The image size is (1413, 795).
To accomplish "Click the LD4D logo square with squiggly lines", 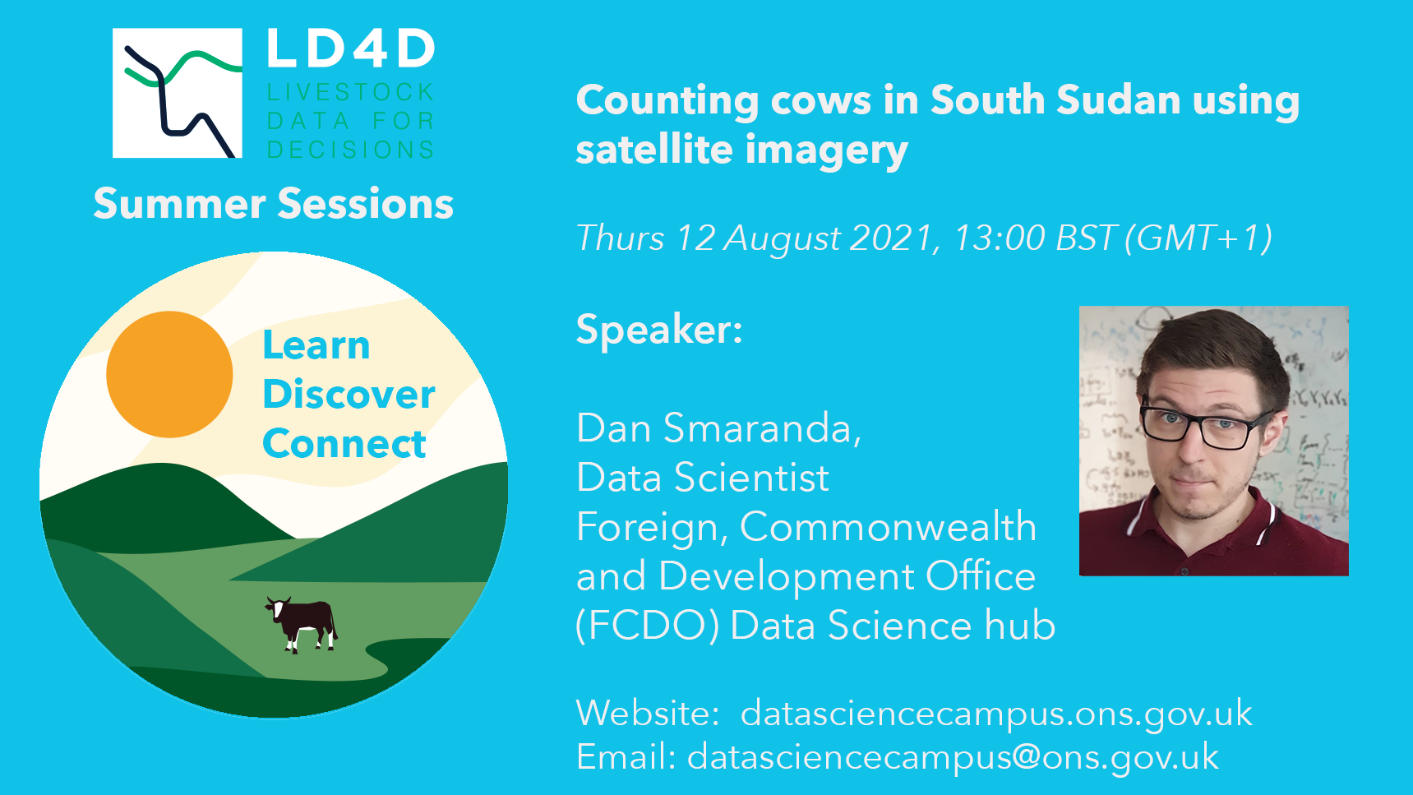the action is pos(178,93).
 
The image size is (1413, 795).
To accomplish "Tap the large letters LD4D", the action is pos(351,49).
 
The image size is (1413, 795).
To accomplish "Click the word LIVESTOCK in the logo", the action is pos(351,92).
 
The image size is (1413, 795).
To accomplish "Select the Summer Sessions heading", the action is pos(274,203).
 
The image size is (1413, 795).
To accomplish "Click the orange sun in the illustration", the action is pos(169,374).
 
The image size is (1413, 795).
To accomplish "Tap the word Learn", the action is pos(316,345).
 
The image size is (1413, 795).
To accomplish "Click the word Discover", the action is pos(349,395).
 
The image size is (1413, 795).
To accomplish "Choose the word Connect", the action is pos(344,444).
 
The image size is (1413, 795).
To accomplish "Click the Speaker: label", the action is pos(659,330).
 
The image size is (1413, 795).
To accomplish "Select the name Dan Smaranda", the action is pos(719,428).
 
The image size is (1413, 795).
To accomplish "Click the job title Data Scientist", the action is pos(703,478).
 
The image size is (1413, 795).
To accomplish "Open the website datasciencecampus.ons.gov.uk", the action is pos(996,714).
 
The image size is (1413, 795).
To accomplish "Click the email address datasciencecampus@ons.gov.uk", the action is pos(953,757).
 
